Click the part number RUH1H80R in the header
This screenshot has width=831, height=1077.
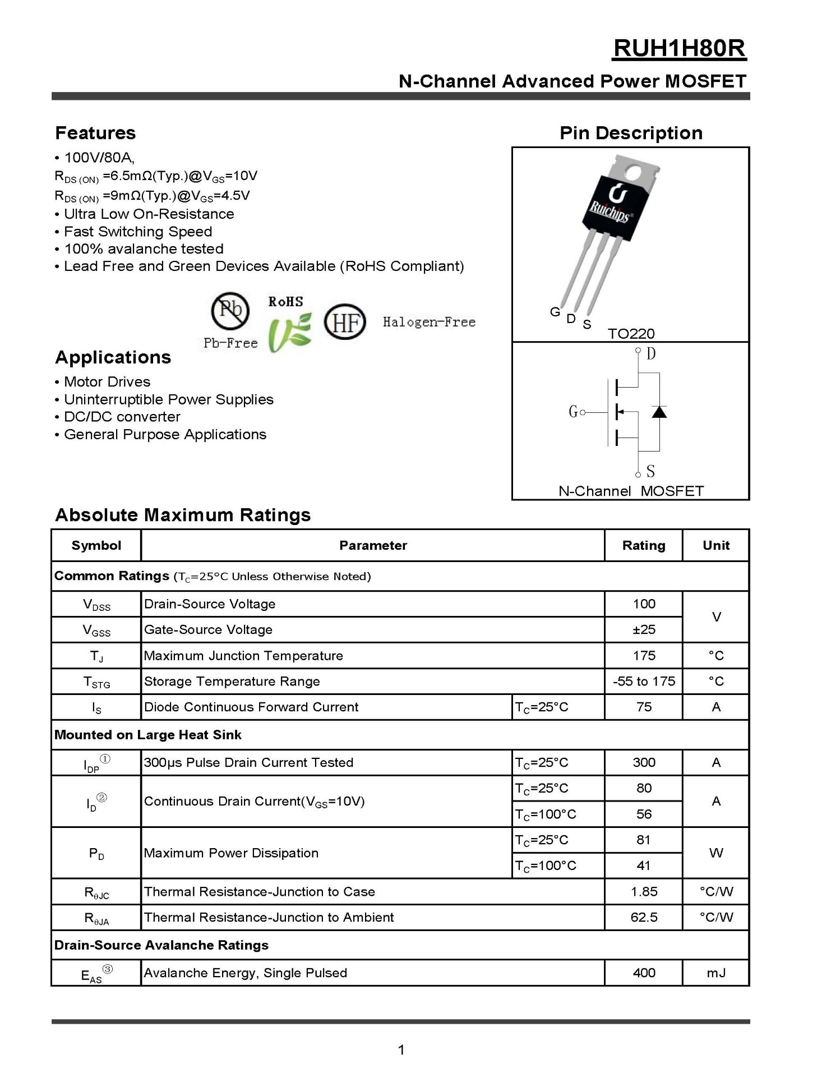tap(679, 49)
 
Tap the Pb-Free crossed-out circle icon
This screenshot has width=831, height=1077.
tap(230, 310)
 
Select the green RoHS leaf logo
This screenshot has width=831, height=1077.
tap(289, 333)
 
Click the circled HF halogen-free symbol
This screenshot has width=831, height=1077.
tap(345, 322)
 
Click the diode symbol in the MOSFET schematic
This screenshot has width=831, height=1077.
tap(659, 412)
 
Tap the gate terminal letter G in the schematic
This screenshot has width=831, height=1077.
tap(573, 412)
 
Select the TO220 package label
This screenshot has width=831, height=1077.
tap(631, 334)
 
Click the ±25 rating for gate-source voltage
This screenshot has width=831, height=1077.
tap(644, 629)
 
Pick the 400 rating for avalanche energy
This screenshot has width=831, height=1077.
tap(644, 973)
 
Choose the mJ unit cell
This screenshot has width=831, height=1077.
tap(716, 973)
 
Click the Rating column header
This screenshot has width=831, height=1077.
tap(644, 545)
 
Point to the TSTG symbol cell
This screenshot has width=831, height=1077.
tap(96, 682)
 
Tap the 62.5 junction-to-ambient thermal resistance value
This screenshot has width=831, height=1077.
tap(644, 917)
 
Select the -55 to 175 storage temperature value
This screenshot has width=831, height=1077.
tap(644, 681)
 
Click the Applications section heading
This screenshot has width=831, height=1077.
tap(113, 357)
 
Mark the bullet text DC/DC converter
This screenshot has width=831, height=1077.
tap(122, 417)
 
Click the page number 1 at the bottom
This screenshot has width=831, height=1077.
tap(401, 1050)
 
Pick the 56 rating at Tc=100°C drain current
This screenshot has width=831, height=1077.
tap(644, 814)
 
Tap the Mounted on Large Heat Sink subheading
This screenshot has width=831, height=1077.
tap(148, 735)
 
